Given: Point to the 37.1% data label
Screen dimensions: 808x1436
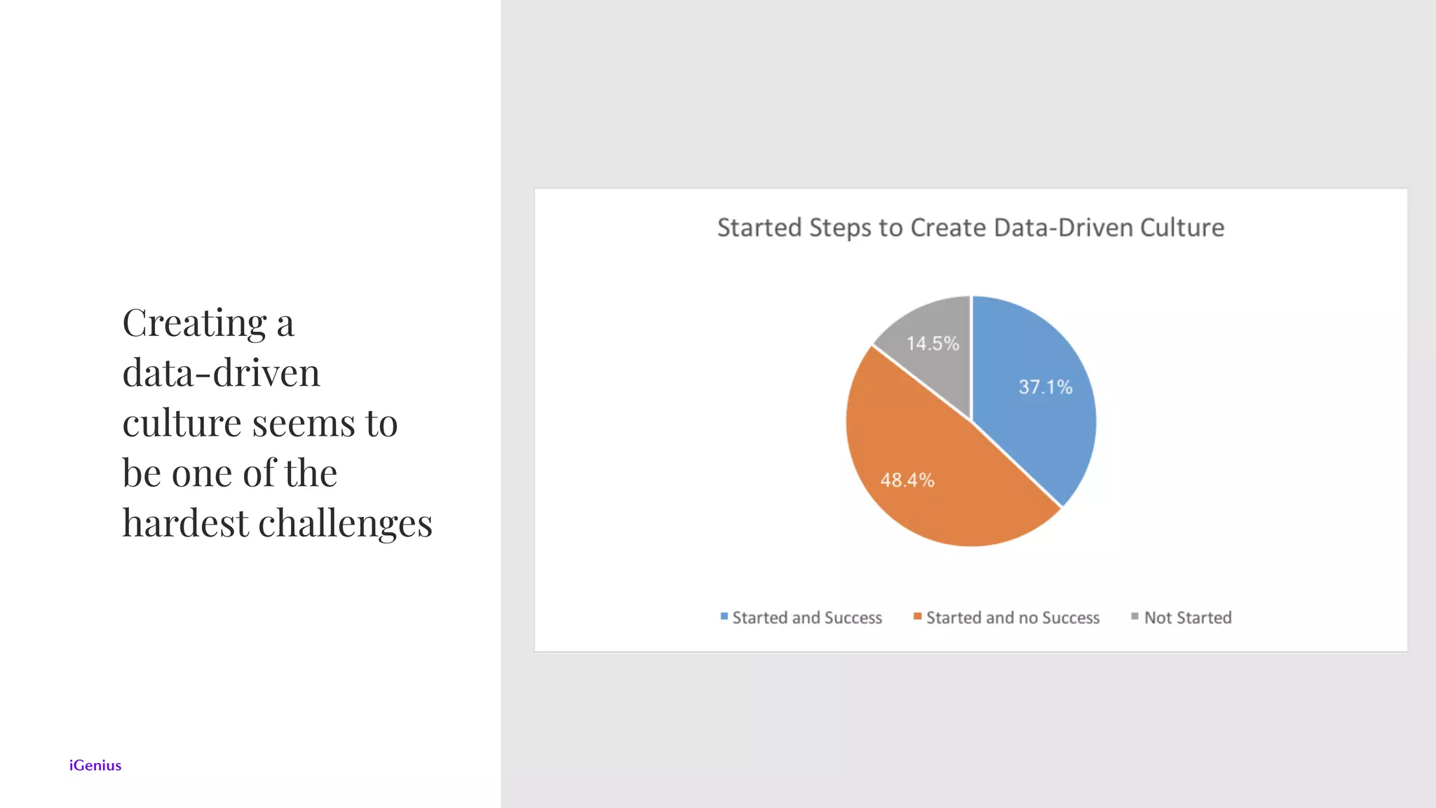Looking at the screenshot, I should [x=1045, y=387].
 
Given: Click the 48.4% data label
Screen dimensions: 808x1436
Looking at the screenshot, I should [x=907, y=480].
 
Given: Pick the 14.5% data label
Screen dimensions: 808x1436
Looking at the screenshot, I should [x=933, y=344].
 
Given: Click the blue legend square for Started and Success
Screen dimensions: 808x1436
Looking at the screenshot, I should [x=724, y=617].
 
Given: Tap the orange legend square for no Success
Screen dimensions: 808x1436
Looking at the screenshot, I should [x=917, y=617].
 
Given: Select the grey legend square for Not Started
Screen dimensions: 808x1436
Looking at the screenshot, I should [x=1134, y=617].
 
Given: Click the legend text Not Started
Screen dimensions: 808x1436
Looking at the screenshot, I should [x=1188, y=618].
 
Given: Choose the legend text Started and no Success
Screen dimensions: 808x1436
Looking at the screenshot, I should [x=1012, y=618].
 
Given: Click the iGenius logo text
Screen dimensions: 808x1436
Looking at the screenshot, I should [x=95, y=765].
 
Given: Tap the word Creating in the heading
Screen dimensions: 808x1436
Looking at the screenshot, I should [x=194, y=323].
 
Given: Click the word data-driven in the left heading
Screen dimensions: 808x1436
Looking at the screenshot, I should [x=221, y=373].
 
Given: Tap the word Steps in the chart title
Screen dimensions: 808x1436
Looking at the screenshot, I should [x=840, y=229].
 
